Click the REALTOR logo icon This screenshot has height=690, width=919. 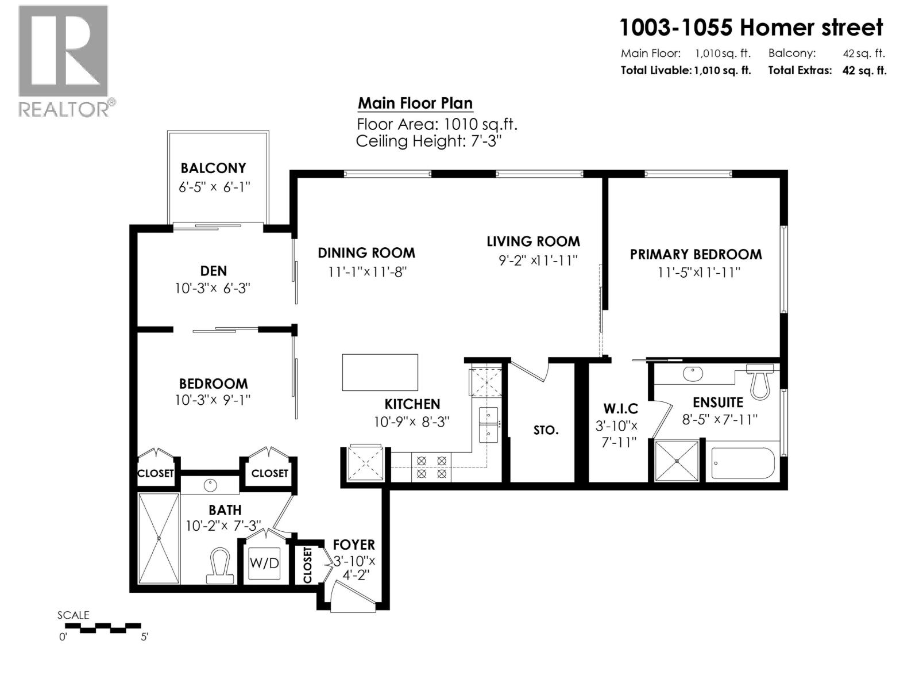click(63, 51)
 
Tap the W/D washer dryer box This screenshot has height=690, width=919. click(264, 563)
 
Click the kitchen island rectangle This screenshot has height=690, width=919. click(380, 373)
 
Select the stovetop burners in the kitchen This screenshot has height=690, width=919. click(431, 467)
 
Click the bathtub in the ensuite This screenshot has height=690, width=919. click(743, 463)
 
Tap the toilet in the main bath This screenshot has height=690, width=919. click(219, 566)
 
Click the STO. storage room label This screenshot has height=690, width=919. click(545, 430)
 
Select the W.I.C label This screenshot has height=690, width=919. click(620, 409)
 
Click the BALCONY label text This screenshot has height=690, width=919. click(213, 168)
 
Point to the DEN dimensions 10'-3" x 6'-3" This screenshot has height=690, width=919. click(213, 288)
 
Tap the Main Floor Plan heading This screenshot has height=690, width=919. click(415, 103)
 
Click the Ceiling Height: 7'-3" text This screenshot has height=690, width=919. click(428, 141)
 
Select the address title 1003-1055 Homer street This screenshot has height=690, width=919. click(751, 27)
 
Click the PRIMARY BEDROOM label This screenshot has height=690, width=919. click(696, 254)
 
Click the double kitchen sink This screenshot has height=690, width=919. click(488, 423)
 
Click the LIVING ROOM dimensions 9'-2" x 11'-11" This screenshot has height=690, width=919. click(538, 260)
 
